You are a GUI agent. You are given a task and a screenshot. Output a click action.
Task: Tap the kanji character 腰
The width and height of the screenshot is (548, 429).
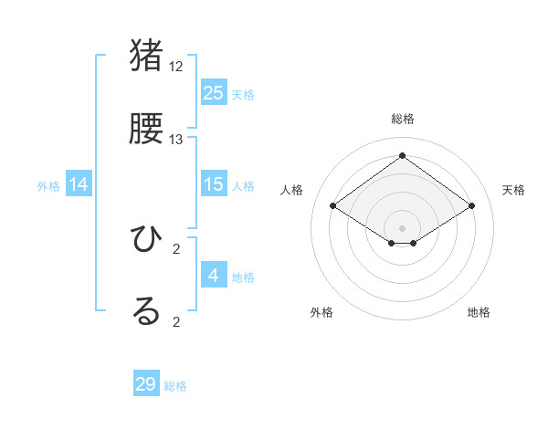point(147,130)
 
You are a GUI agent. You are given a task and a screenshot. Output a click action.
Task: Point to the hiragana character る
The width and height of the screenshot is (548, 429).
point(146,311)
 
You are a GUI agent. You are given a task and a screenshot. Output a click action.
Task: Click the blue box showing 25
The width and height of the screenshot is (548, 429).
point(214,92)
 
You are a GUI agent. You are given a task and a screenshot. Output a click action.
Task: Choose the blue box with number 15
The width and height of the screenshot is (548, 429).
point(214,184)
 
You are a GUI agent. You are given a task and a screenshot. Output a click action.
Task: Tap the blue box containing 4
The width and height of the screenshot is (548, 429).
point(214,275)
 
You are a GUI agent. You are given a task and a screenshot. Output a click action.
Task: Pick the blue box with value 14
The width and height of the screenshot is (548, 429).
point(79,184)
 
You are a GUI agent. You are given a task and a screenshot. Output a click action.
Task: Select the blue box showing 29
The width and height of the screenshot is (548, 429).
point(146,383)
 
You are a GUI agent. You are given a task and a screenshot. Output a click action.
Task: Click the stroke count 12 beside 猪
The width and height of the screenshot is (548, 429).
point(176,67)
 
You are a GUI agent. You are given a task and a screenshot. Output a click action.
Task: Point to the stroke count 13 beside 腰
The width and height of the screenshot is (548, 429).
point(176,140)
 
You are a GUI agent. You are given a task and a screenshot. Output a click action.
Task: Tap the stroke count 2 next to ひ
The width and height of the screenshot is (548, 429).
point(176,248)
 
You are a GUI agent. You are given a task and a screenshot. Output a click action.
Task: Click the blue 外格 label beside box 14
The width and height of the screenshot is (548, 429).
point(48,186)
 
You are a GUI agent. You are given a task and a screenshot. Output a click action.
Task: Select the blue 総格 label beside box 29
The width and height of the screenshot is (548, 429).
point(175,386)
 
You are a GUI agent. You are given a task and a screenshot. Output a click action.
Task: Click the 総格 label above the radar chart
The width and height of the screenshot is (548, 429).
point(402,119)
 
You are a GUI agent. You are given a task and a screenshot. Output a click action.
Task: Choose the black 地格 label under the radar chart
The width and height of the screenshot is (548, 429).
point(479,312)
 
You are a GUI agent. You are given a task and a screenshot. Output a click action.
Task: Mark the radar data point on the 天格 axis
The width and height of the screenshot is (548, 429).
point(471,206)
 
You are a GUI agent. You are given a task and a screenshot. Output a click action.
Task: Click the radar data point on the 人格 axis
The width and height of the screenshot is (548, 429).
point(333,206)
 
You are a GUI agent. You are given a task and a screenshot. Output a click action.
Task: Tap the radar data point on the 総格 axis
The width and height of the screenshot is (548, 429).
point(402,155)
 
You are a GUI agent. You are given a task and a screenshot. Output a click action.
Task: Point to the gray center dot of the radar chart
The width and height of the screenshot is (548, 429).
point(402,227)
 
